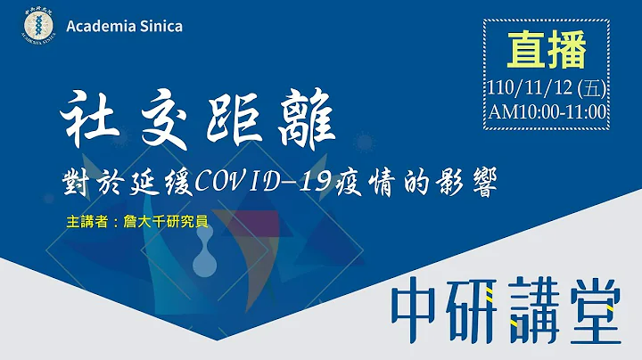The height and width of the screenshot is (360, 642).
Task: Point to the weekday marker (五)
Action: tap(591, 87)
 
